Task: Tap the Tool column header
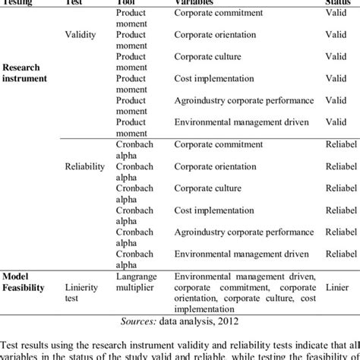pos(128,3)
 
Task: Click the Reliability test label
pos(85,165)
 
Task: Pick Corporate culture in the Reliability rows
pos(208,187)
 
